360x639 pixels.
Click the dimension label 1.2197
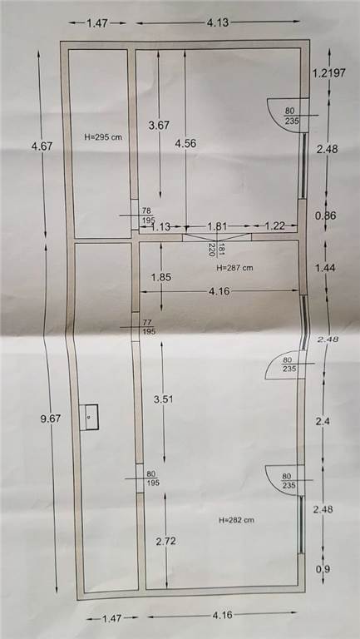click(328, 73)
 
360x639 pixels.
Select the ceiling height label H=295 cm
click(103, 137)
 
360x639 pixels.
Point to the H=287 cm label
click(234, 268)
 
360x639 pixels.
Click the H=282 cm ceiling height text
click(237, 520)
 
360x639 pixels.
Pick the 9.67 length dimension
click(51, 419)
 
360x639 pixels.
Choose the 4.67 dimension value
click(42, 146)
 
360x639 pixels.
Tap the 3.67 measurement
click(159, 126)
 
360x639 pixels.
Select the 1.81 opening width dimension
click(217, 225)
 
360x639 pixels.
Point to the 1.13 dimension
click(160, 227)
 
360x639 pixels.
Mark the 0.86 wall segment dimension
click(326, 215)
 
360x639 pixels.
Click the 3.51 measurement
click(163, 399)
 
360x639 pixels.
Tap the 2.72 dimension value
click(166, 541)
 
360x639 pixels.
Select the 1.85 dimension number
click(160, 277)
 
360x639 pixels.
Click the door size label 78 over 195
click(146, 215)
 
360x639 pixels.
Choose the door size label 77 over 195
click(149, 327)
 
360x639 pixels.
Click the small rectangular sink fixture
click(89, 417)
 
